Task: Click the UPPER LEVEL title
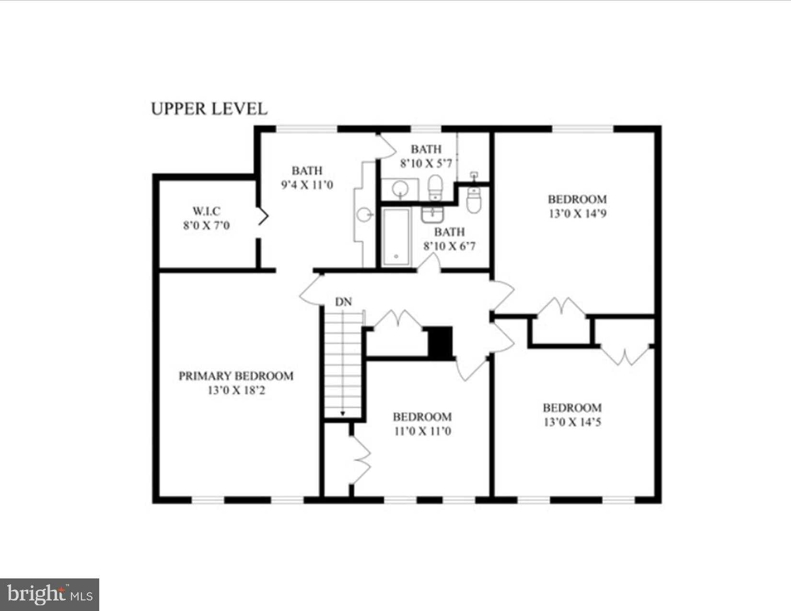(x=209, y=109)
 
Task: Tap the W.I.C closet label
(x=207, y=211)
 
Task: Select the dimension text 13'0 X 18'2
(x=236, y=391)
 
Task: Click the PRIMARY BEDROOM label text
(x=236, y=376)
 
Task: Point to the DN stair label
(x=343, y=302)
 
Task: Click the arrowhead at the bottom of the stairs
(x=343, y=414)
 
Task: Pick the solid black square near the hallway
(x=440, y=342)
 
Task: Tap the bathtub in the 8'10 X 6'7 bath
(x=396, y=237)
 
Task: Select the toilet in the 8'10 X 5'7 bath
(x=435, y=187)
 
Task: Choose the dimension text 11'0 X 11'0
(x=423, y=431)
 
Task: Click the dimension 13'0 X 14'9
(x=578, y=214)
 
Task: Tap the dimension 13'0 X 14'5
(x=572, y=422)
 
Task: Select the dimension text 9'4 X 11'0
(x=307, y=185)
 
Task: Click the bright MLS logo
(x=49, y=594)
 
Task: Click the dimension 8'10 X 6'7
(x=450, y=246)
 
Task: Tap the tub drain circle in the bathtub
(x=396, y=256)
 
